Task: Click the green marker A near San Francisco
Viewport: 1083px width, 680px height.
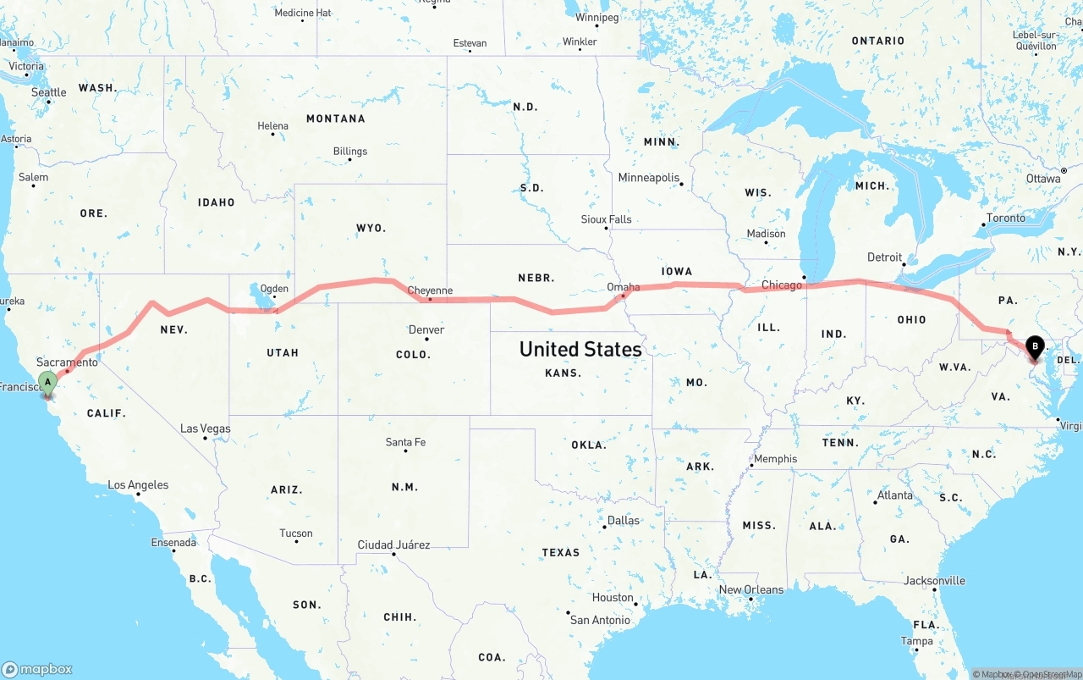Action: [x=48, y=382]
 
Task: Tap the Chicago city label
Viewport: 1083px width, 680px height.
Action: [x=781, y=285]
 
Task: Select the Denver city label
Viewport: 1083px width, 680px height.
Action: [x=426, y=329]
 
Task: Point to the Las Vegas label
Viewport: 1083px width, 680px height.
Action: [x=205, y=428]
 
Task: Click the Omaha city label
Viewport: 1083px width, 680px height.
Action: [x=624, y=287]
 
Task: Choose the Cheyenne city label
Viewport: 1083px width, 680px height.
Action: [x=430, y=290]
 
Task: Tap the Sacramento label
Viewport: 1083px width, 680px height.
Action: [x=67, y=362]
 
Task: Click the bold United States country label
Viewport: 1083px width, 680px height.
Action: [x=580, y=349]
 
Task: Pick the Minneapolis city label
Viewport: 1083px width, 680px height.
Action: [x=649, y=178]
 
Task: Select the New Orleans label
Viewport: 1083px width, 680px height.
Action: [x=751, y=589]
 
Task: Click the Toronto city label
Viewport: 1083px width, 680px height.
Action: [x=1006, y=218]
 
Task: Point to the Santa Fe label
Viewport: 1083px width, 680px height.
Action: [x=405, y=442]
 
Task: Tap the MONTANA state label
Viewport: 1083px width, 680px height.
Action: [x=336, y=119]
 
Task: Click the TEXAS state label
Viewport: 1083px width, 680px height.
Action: [x=561, y=552]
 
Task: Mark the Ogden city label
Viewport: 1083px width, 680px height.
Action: [x=273, y=289]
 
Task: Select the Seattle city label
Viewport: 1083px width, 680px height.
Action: [x=49, y=92]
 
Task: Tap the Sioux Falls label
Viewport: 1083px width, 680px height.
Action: [x=606, y=219]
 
